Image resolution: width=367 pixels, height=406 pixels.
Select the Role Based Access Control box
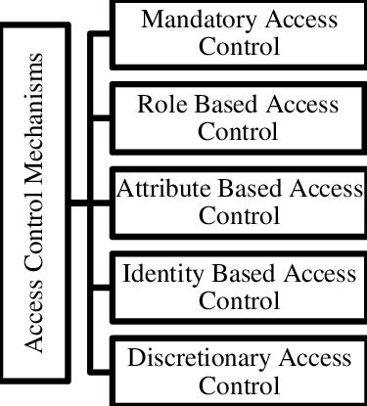(238, 116)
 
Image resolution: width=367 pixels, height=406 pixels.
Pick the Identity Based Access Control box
(238, 286)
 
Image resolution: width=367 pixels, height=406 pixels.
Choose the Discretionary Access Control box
(238, 370)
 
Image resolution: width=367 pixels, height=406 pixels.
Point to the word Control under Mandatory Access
(238, 46)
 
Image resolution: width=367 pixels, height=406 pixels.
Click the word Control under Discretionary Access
(238, 384)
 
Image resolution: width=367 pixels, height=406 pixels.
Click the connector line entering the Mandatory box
(101, 33)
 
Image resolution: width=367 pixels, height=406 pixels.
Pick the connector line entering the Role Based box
(101, 117)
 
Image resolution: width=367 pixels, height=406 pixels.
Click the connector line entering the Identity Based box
(101, 287)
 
